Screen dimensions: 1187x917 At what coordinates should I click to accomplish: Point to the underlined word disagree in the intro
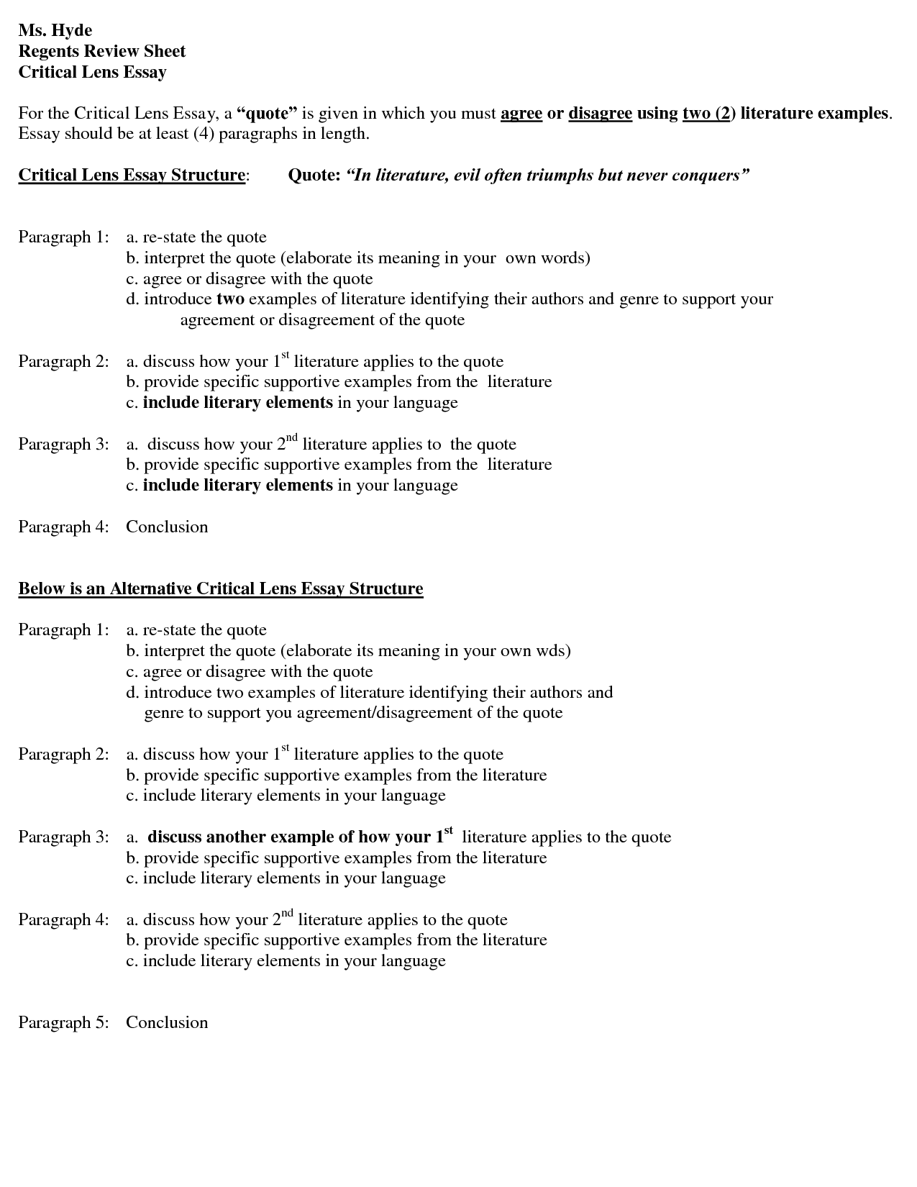pyautogui.click(x=600, y=114)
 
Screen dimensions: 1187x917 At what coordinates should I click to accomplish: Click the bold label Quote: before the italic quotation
pyautogui.click(x=314, y=176)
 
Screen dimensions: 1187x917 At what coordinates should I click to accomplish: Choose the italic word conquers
pyautogui.click(x=711, y=176)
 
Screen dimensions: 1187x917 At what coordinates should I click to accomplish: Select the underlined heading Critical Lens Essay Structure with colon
pyautogui.click(x=134, y=176)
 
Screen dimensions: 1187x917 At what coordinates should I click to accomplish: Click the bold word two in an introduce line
pyautogui.click(x=230, y=299)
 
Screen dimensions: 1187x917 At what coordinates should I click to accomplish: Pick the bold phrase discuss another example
pyautogui.click(x=240, y=837)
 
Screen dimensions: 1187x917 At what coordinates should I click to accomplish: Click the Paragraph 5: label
pyautogui.click(x=63, y=1023)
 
